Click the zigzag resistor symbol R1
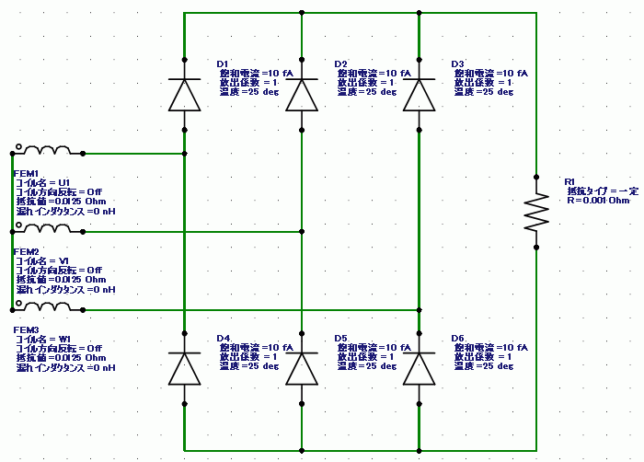click(535, 211)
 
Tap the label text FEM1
click(26, 173)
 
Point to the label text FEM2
click(26, 251)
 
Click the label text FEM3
click(26, 329)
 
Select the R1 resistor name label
click(569, 181)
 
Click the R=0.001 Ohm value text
click(598, 200)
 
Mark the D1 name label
click(223, 64)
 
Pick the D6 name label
click(458, 338)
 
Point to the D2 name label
click(340, 64)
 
